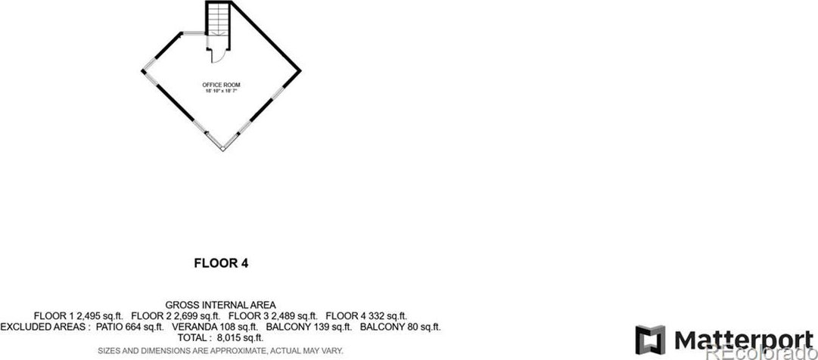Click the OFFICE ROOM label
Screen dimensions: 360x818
point(221,84)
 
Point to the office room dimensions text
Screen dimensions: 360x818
point(221,91)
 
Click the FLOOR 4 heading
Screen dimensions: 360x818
point(221,264)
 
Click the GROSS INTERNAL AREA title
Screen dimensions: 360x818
point(220,305)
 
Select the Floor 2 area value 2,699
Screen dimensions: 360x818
point(191,316)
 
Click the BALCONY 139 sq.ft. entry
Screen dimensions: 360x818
point(309,327)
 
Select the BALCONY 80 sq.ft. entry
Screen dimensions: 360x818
point(400,327)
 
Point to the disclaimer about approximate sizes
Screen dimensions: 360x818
point(220,351)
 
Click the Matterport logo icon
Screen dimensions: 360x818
point(650,339)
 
